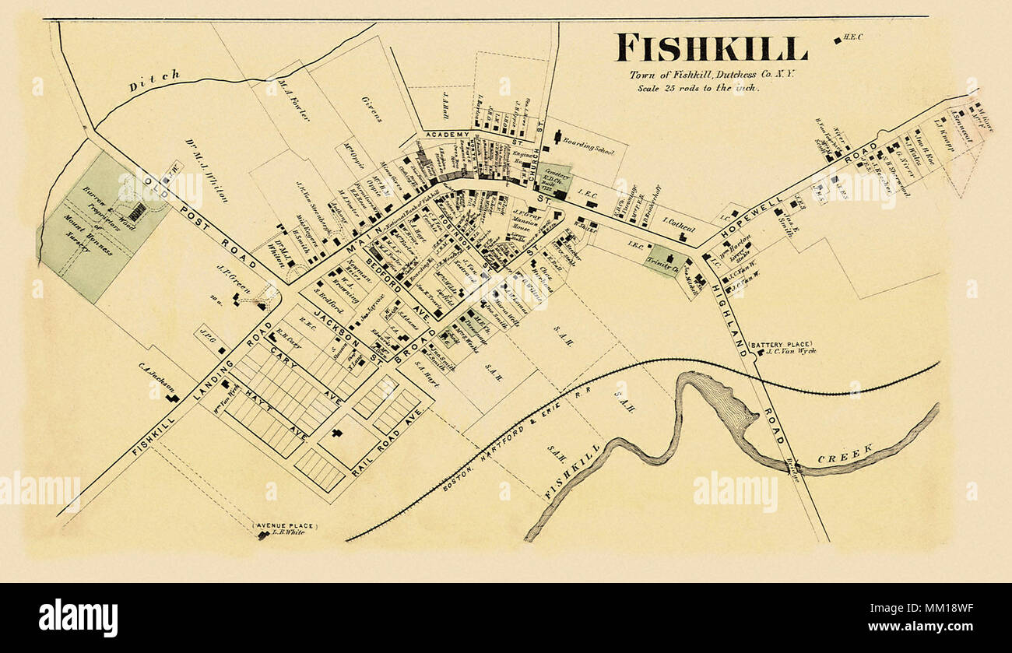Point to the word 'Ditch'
coord(154,80)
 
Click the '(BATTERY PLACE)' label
coord(780,344)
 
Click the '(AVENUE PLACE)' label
coord(283,526)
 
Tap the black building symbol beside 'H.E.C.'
coord(837,40)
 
